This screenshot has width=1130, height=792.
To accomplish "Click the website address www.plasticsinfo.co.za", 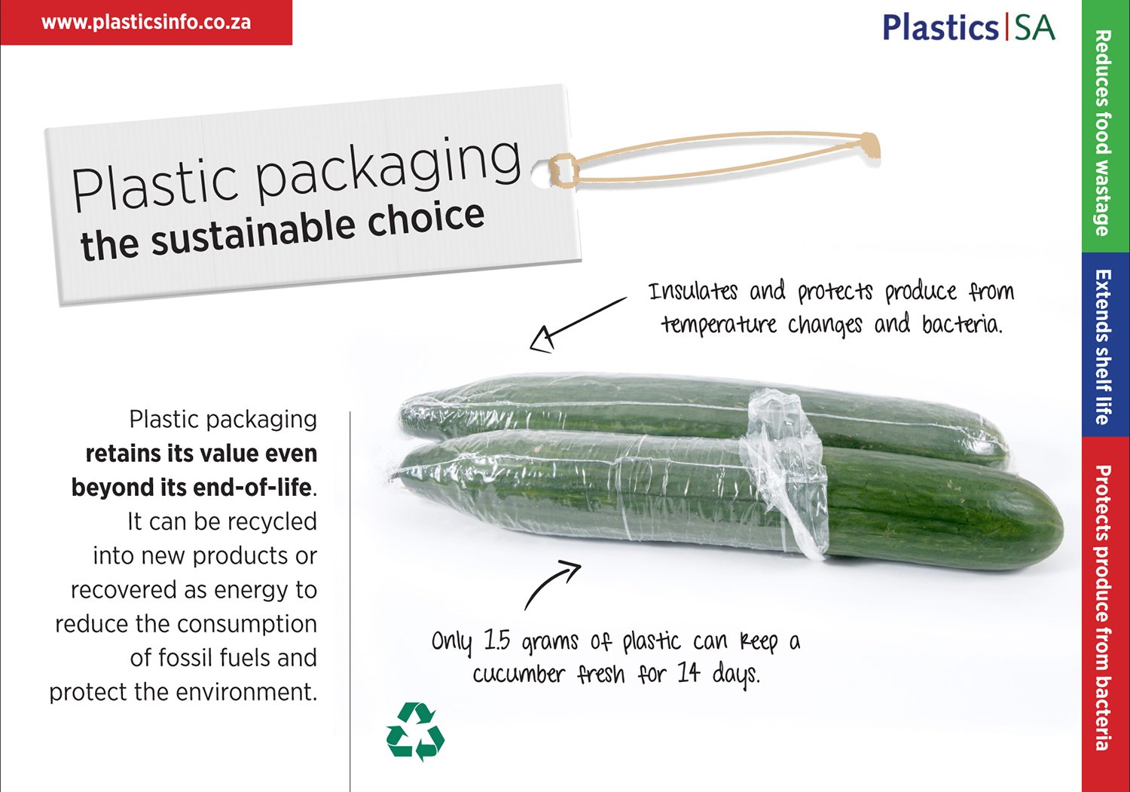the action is coord(146,23).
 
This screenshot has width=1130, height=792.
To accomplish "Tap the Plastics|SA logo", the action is coord(969,27).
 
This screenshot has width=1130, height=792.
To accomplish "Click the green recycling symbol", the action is coord(415,731).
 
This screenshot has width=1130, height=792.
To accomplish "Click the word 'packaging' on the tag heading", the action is coord(389,169).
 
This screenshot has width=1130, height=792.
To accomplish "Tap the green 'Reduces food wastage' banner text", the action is coord(1104,133).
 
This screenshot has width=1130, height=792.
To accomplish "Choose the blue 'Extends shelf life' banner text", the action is coord(1104,347).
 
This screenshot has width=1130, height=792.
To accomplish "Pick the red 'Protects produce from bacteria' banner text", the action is coord(1104,607).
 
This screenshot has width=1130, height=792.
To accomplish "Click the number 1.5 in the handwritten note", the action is coord(497,641).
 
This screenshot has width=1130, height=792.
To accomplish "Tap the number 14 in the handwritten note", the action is coord(689,672).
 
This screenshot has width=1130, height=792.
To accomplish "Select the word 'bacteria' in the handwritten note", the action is coord(962,324).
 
